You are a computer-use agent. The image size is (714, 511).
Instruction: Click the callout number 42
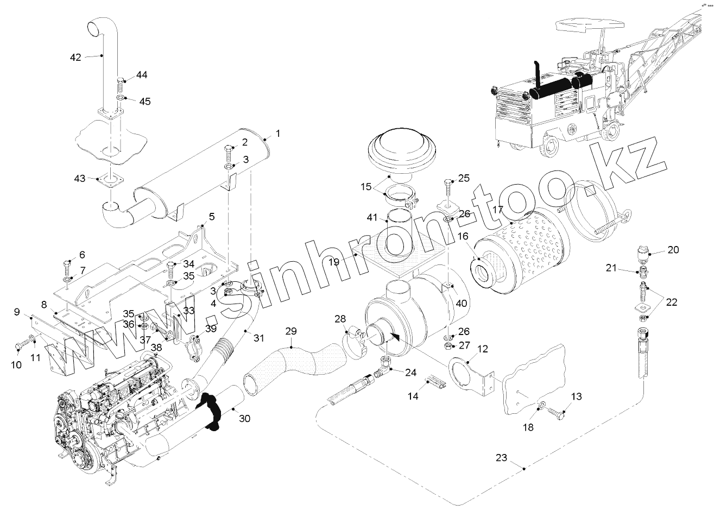click(75, 56)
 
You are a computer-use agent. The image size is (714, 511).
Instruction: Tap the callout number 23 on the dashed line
click(501, 458)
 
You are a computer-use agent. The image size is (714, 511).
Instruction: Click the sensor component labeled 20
click(643, 253)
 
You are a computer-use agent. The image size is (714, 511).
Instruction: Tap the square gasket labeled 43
click(110, 179)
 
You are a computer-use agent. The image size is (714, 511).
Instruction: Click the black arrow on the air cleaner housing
click(396, 337)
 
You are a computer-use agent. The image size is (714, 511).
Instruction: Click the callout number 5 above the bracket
click(211, 217)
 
